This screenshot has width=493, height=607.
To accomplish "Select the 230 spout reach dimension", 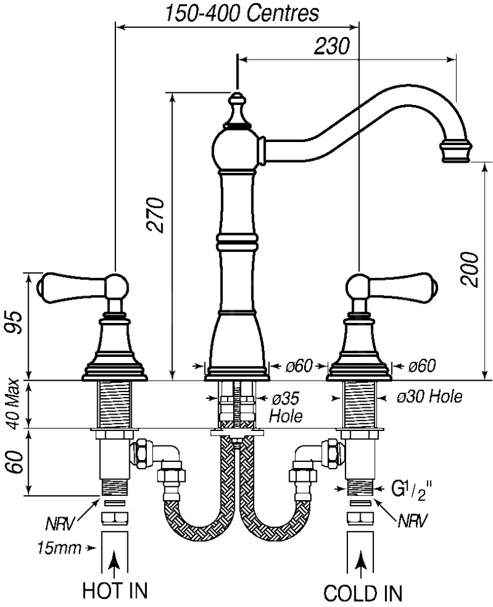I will (332, 46).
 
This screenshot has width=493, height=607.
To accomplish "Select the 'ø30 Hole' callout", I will (429, 397).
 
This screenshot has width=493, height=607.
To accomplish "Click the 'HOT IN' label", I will (116, 591).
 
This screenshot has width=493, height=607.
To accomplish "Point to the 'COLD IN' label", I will (363, 592).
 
